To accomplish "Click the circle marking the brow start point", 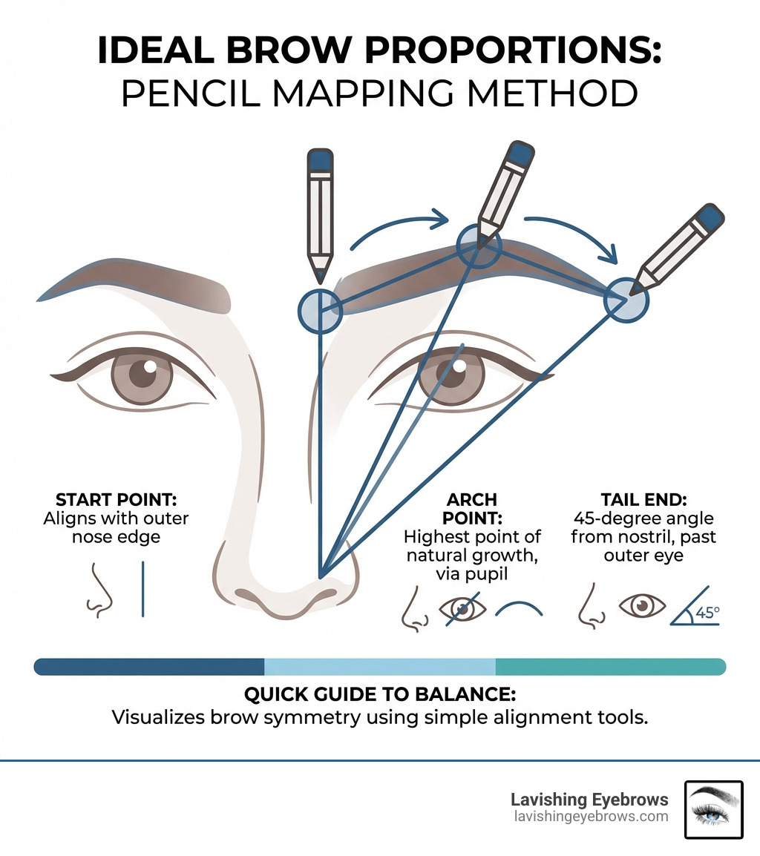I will [320, 309].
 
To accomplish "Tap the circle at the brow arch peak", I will [479, 246].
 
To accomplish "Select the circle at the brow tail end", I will [626, 301].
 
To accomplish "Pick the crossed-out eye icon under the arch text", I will [464, 608].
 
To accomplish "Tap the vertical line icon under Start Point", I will [142, 589].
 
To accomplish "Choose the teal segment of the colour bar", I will [610, 666].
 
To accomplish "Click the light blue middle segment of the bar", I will [380, 666].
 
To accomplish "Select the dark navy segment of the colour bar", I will [149, 666].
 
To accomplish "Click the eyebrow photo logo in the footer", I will [713, 809].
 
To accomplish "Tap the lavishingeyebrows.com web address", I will [589, 817].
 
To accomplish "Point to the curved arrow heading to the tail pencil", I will [571, 234].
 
